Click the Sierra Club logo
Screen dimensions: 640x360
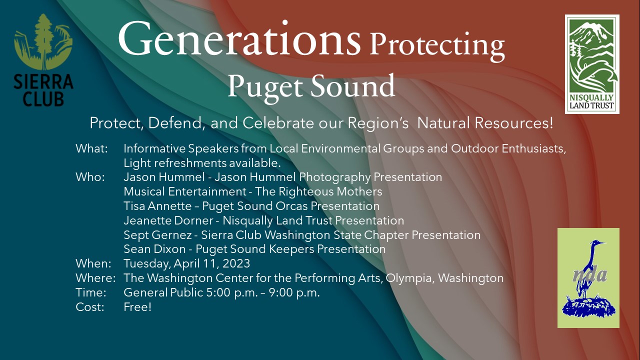(43, 60)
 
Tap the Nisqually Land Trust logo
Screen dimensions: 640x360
(592, 64)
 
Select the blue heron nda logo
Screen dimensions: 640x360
(588, 277)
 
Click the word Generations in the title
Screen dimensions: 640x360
(239, 38)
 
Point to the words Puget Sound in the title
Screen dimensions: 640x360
(311, 86)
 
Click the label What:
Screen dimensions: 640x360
(91, 148)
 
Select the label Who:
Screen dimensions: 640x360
(90, 177)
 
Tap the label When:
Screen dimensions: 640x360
(93, 263)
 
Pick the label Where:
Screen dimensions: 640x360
(95, 278)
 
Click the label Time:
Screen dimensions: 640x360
(91, 292)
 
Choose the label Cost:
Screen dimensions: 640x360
(90, 307)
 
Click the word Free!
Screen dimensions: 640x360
(137, 307)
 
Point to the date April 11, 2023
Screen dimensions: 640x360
(211, 263)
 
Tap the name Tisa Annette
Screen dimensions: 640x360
(157, 206)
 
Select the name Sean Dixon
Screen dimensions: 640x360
(154, 249)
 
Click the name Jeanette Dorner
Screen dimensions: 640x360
(168, 220)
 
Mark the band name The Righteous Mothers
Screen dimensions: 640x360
(318, 191)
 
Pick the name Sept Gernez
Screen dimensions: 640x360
(157, 235)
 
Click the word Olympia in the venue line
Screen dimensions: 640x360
(410, 278)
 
